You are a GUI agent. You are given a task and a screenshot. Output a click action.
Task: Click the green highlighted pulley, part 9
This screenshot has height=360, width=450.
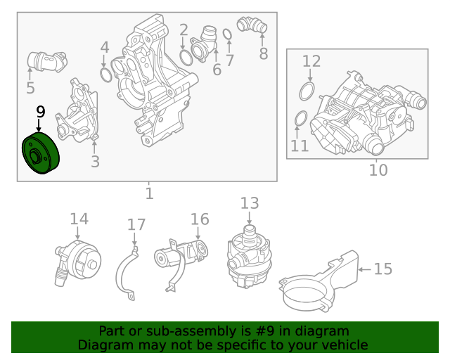[41, 154]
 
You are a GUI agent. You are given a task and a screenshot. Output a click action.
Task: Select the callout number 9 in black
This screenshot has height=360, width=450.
[40, 112]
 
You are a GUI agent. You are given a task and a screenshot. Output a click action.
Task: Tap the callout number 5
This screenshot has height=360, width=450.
[30, 88]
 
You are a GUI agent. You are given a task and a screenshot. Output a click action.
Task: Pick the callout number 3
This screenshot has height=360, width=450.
[95, 162]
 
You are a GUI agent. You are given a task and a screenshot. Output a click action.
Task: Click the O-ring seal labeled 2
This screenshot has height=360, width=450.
[186, 56]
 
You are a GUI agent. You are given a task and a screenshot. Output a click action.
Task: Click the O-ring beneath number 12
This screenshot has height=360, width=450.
[307, 91]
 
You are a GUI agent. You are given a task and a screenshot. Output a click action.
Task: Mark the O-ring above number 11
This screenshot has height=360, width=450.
[299, 119]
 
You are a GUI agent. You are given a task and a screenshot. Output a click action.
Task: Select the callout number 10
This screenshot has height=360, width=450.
[378, 169]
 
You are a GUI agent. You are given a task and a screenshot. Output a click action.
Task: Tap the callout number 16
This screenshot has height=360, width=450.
[200, 219]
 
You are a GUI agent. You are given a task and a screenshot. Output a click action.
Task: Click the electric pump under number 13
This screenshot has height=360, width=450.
[247, 256]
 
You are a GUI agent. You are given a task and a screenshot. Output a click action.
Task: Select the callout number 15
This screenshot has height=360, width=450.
[382, 269]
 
